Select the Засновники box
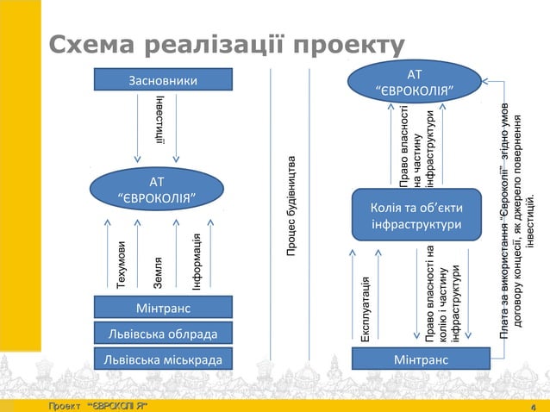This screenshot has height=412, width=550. pyautogui.click(x=157, y=82)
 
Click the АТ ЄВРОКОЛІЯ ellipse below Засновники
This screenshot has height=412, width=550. pyautogui.click(x=157, y=192)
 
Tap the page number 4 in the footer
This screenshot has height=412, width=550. pyautogui.click(x=534, y=405)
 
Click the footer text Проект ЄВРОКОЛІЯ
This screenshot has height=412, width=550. pyautogui.click(x=97, y=405)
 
